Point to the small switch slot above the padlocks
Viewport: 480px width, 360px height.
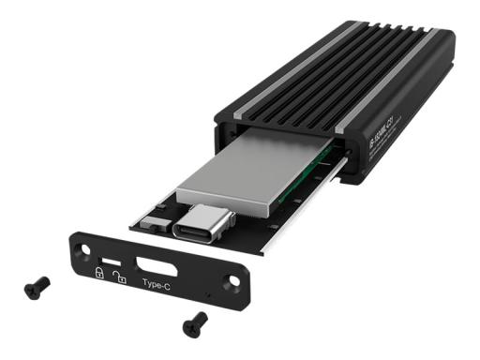pos(109,258)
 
